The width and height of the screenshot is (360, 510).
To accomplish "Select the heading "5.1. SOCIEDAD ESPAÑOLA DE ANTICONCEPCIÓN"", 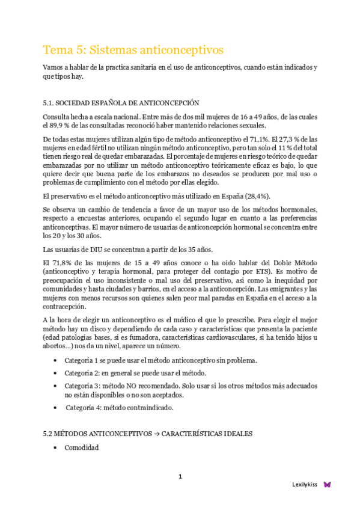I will tap(121, 103).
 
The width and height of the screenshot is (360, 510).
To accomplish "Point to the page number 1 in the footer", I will tap(180, 477).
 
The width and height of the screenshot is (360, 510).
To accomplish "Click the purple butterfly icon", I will tap(327, 484).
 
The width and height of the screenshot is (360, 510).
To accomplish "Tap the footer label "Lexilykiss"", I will tap(304, 484).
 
